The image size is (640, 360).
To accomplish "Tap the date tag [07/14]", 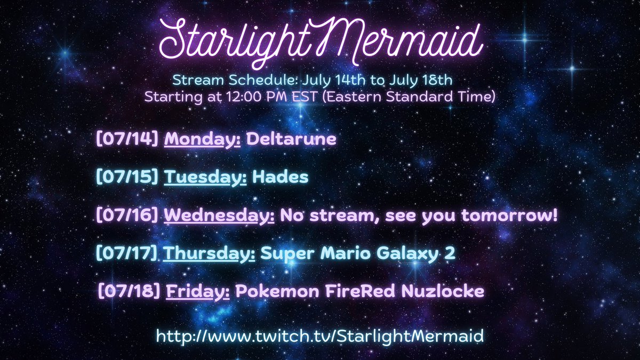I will click(127, 140).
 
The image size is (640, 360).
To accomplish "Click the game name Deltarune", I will click(292, 140).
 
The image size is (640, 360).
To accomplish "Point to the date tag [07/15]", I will click(127, 177).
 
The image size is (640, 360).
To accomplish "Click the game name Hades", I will click(281, 177).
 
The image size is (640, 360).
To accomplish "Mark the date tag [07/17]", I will click(127, 253).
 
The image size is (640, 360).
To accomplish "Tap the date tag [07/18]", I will click(129, 292).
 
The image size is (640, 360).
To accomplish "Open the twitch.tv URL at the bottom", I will click(320, 336).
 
